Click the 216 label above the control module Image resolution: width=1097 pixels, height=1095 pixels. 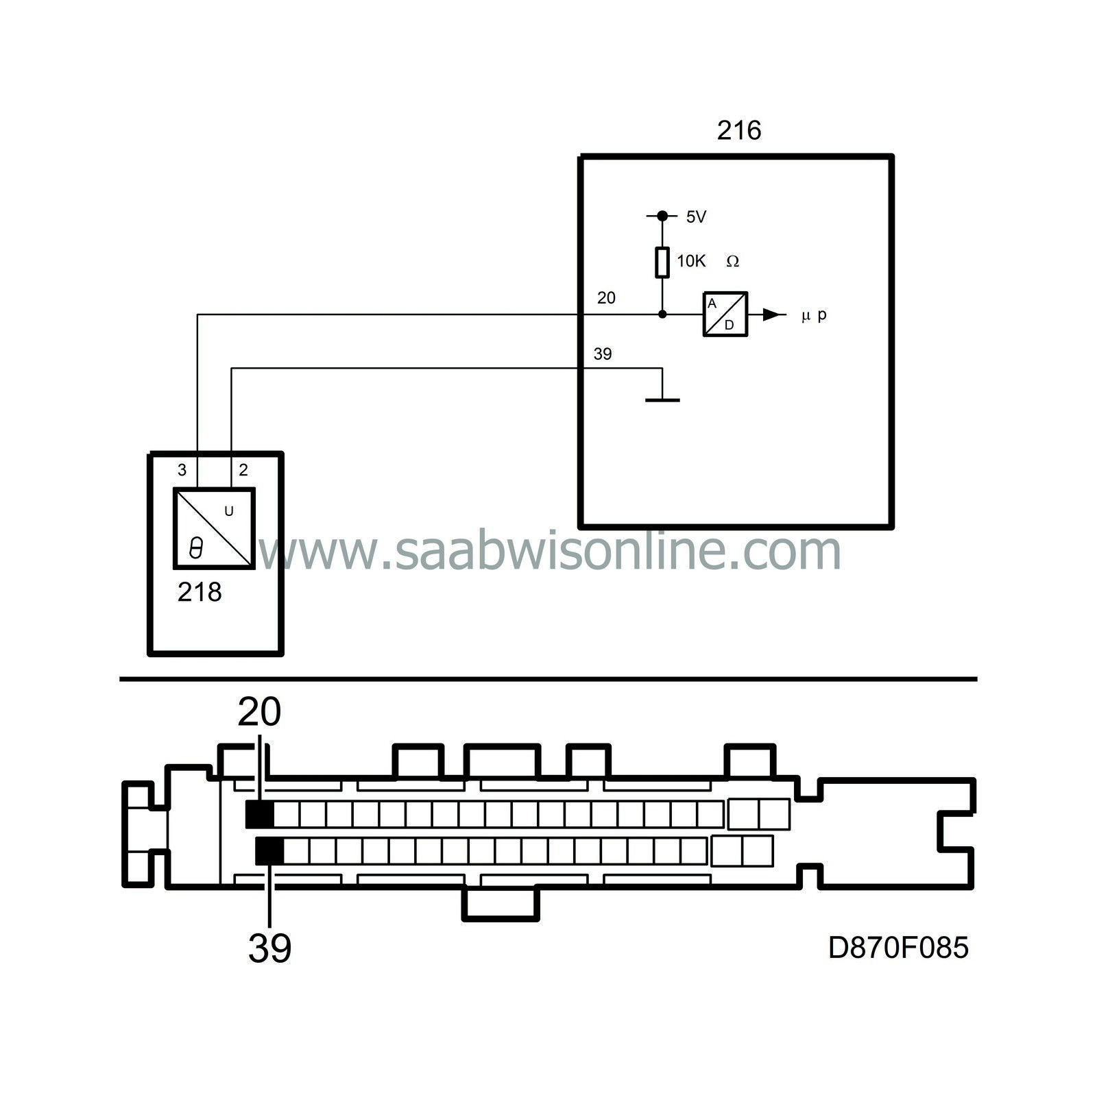coord(739,130)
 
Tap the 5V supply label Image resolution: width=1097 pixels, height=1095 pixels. coord(696,217)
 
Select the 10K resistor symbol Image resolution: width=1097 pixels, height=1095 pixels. coord(662,262)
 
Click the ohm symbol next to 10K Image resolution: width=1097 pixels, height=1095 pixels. coord(732,261)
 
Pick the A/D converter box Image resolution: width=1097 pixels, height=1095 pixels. coord(725,314)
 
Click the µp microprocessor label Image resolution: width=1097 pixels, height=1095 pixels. coord(814,315)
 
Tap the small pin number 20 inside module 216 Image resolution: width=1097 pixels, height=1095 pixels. coord(606,297)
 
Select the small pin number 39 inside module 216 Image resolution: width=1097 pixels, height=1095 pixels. coord(602,354)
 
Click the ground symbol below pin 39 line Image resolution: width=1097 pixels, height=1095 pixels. coord(662,399)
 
